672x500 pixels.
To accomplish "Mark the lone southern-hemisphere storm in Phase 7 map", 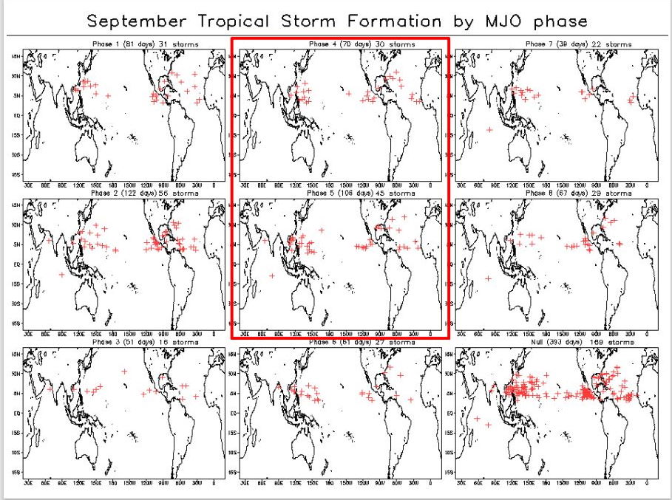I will tap(489, 130).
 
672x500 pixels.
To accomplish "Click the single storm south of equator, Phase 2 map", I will tap(61, 275).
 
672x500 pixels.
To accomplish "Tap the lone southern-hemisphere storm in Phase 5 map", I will tap(273, 275).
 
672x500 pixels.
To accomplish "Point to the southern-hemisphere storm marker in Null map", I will tap(487, 425).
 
